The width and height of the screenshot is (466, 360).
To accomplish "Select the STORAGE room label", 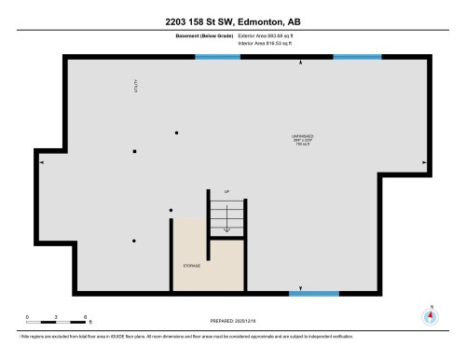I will pos(190,266).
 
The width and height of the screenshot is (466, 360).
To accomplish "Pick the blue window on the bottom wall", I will pos(313,294).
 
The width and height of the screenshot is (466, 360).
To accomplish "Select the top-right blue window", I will pos(357,57).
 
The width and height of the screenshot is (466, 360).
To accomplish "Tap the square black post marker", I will pos(134,151).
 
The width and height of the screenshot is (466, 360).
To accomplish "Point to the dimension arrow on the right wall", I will pos(424,162).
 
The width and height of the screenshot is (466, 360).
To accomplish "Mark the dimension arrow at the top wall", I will pos(299,63).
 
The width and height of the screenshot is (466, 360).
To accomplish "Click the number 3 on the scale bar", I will pos(56,316).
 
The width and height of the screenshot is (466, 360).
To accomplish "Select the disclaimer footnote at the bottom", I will pos(186,335).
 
